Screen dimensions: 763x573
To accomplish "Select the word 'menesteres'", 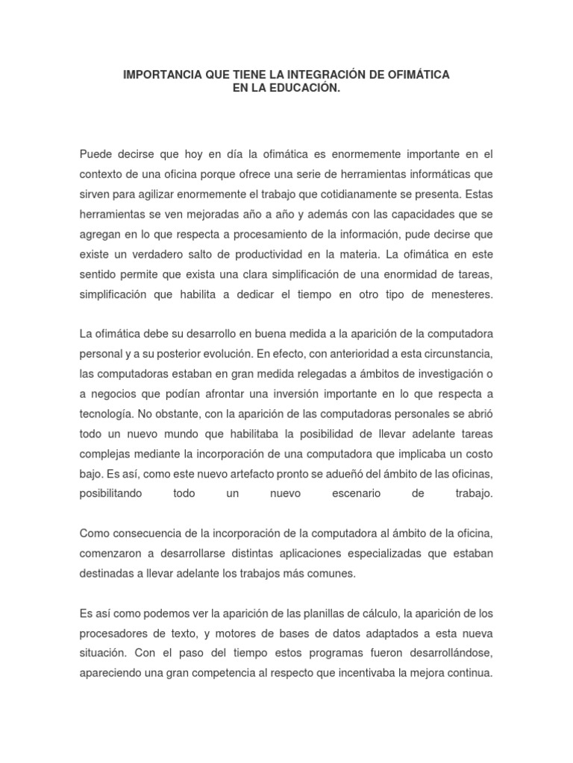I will click(458, 294).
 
